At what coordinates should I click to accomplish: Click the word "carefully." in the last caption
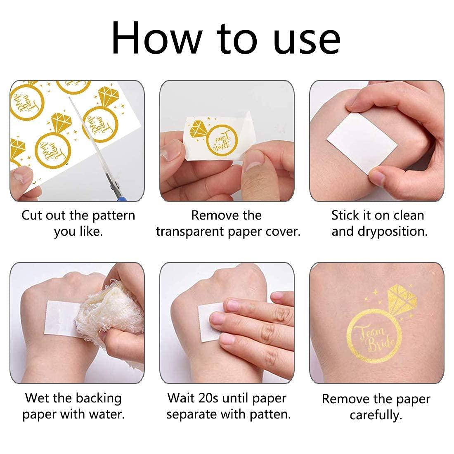click(x=376, y=415)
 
